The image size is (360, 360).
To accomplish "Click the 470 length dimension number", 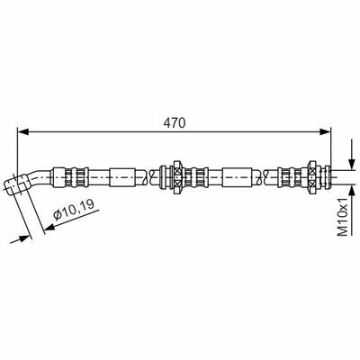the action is [x=175, y=123].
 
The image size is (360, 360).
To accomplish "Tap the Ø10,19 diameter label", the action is [x=74, y=209].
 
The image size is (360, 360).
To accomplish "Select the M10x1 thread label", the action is [x=342, y=216].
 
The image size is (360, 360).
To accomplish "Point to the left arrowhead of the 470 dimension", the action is [x=23, y=131].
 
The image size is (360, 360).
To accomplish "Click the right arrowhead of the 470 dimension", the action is [x=325, y=131].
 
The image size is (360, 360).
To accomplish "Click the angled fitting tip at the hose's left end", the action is [x=15, y=183].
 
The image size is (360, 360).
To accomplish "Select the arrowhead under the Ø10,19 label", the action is [x=49, y=228].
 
